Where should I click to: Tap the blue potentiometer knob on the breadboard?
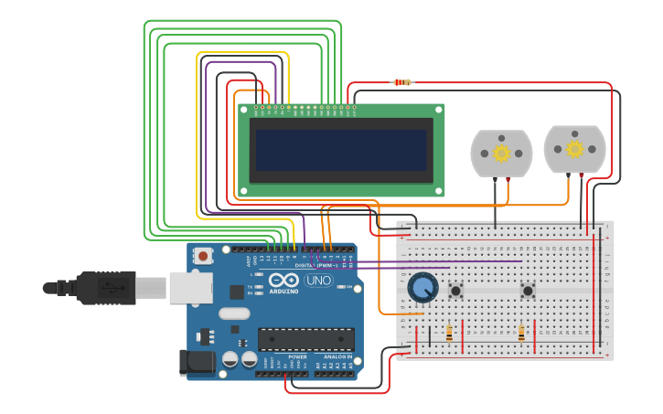pyautogui.click(x=422, y=288)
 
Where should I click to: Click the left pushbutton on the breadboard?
pyautogui.click(x=455, y=292)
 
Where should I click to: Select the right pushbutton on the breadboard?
pyautogui.click(x=528, y=292)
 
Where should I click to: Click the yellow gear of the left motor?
pyautogui.click(x=501, y=153)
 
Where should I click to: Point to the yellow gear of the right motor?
pyautogui.click(x=574, y=149)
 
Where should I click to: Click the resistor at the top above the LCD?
pyautogui.click(x=401, y=82)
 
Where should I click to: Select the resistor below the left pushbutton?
pyautogui.click(x=448, y=333)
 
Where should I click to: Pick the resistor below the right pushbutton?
pyautogui.click(x=521, y=334)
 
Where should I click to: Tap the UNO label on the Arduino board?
pyautogui.click(x=319, y=281)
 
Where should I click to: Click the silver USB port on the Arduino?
pyautogui.click(x=191, y=288)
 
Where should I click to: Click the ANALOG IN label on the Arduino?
pyautogui.click(x=335, y=356)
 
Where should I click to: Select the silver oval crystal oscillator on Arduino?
pyautogui.click(x=233, y=313)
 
